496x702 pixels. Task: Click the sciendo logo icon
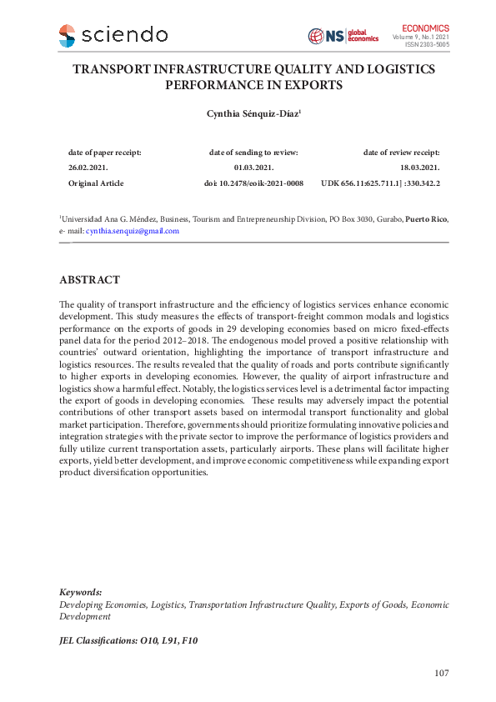click(x=68, y=35)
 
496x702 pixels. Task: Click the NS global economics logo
click(x=343, y=36)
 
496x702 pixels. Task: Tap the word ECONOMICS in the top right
click(x=425, y=28)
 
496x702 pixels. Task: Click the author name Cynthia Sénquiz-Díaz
click(x=248, y=114)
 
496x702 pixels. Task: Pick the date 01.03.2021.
click(x=253, y=168)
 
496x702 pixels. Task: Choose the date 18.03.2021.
click(x=420, y=168)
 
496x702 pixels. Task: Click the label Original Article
click(x=95, y=183)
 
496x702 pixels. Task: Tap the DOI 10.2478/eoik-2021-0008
click(x=253, y=183)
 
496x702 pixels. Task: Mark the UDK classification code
click(x=380, y=183)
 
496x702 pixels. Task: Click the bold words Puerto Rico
click(x=426, y=219)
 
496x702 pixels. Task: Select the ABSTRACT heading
click(x=89, y=280)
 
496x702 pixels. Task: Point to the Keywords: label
click(x=81, y=591)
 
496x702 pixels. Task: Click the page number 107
click(x=442, y=674)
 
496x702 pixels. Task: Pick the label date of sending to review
click(x=253, y=153)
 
